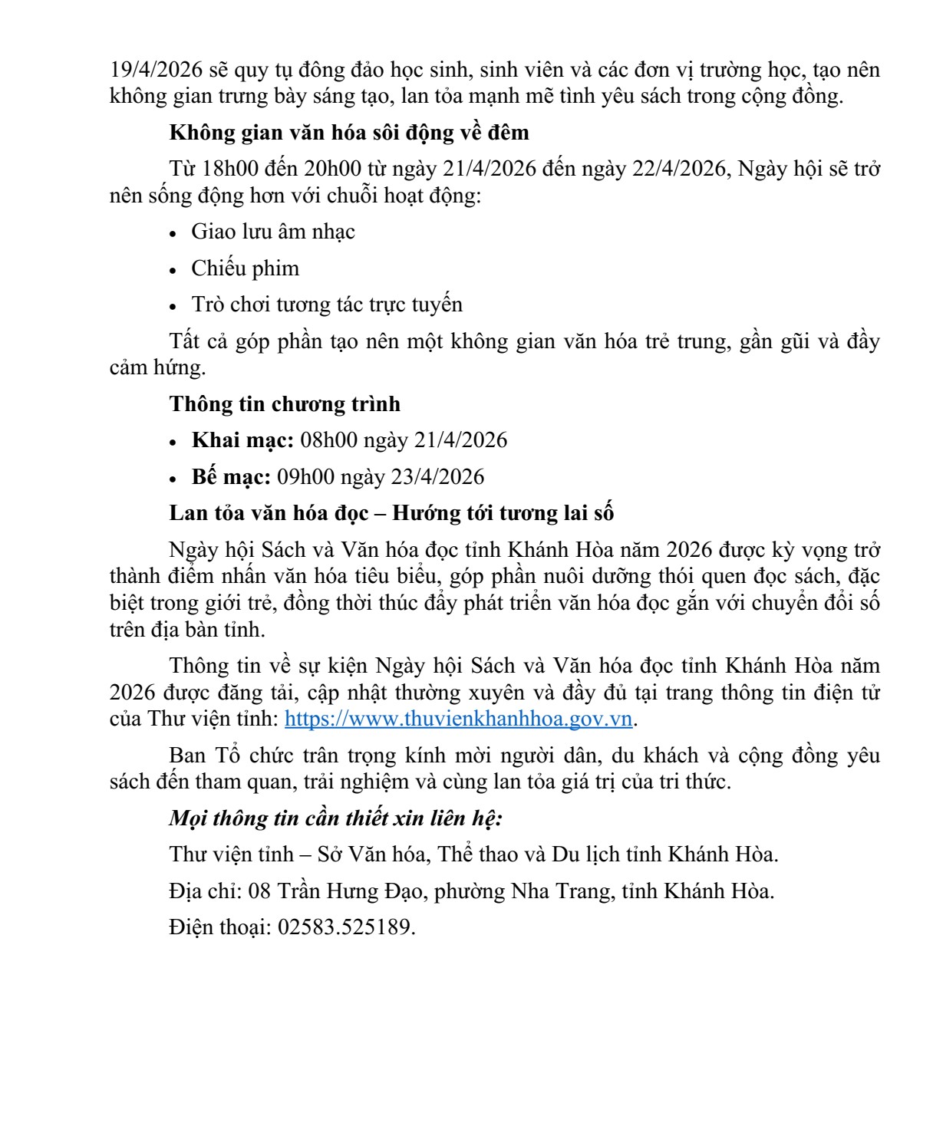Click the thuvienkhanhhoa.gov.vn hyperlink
[x=458, y=719]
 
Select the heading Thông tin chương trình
[x=285, y=403]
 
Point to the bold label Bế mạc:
[x=230, y=477]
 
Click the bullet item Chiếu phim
[x=245, y=268]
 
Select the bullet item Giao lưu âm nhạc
[x=272, y=232]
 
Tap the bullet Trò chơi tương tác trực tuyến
[x=327, y=305]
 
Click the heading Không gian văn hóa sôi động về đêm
[x=349, y=132]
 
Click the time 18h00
[x=229, y=169]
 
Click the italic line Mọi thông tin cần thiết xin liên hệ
[x=335, y=818]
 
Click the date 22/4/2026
[x=679, y=169]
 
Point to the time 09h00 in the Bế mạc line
[x=305, y=477]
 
